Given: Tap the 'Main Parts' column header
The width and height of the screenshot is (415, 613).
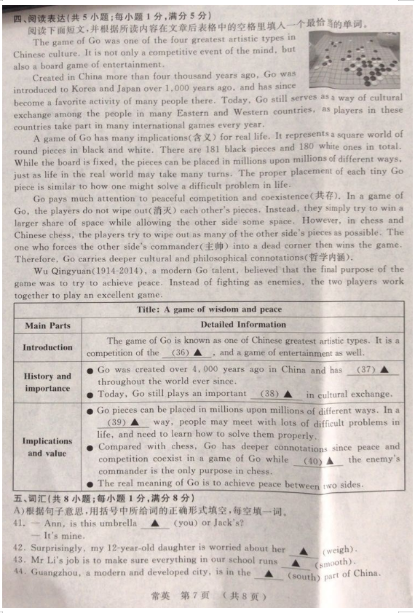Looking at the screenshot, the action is pyautogui.click(x=48, y=325).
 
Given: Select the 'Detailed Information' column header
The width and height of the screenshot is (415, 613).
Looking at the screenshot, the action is pyautogui.click(x=243, y=325).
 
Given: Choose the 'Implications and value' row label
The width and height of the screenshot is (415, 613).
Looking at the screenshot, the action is pyautogui.click(x=48, y=447).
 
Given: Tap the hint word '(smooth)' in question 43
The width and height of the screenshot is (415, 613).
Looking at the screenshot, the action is pyautogui.click(x=334, y=563).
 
